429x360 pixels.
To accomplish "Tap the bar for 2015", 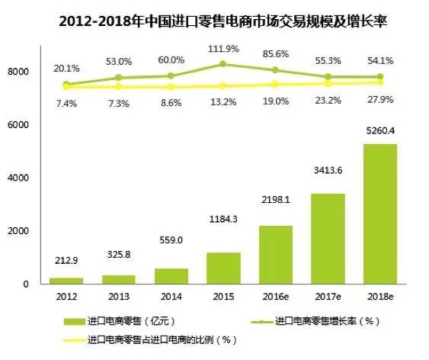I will [223, 268].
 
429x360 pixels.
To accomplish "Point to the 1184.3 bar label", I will [223, 240].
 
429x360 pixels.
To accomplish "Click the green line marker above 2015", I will [223, 64].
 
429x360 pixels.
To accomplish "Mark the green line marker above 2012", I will [66, 85].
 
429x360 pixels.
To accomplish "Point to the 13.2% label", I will [223, 101].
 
